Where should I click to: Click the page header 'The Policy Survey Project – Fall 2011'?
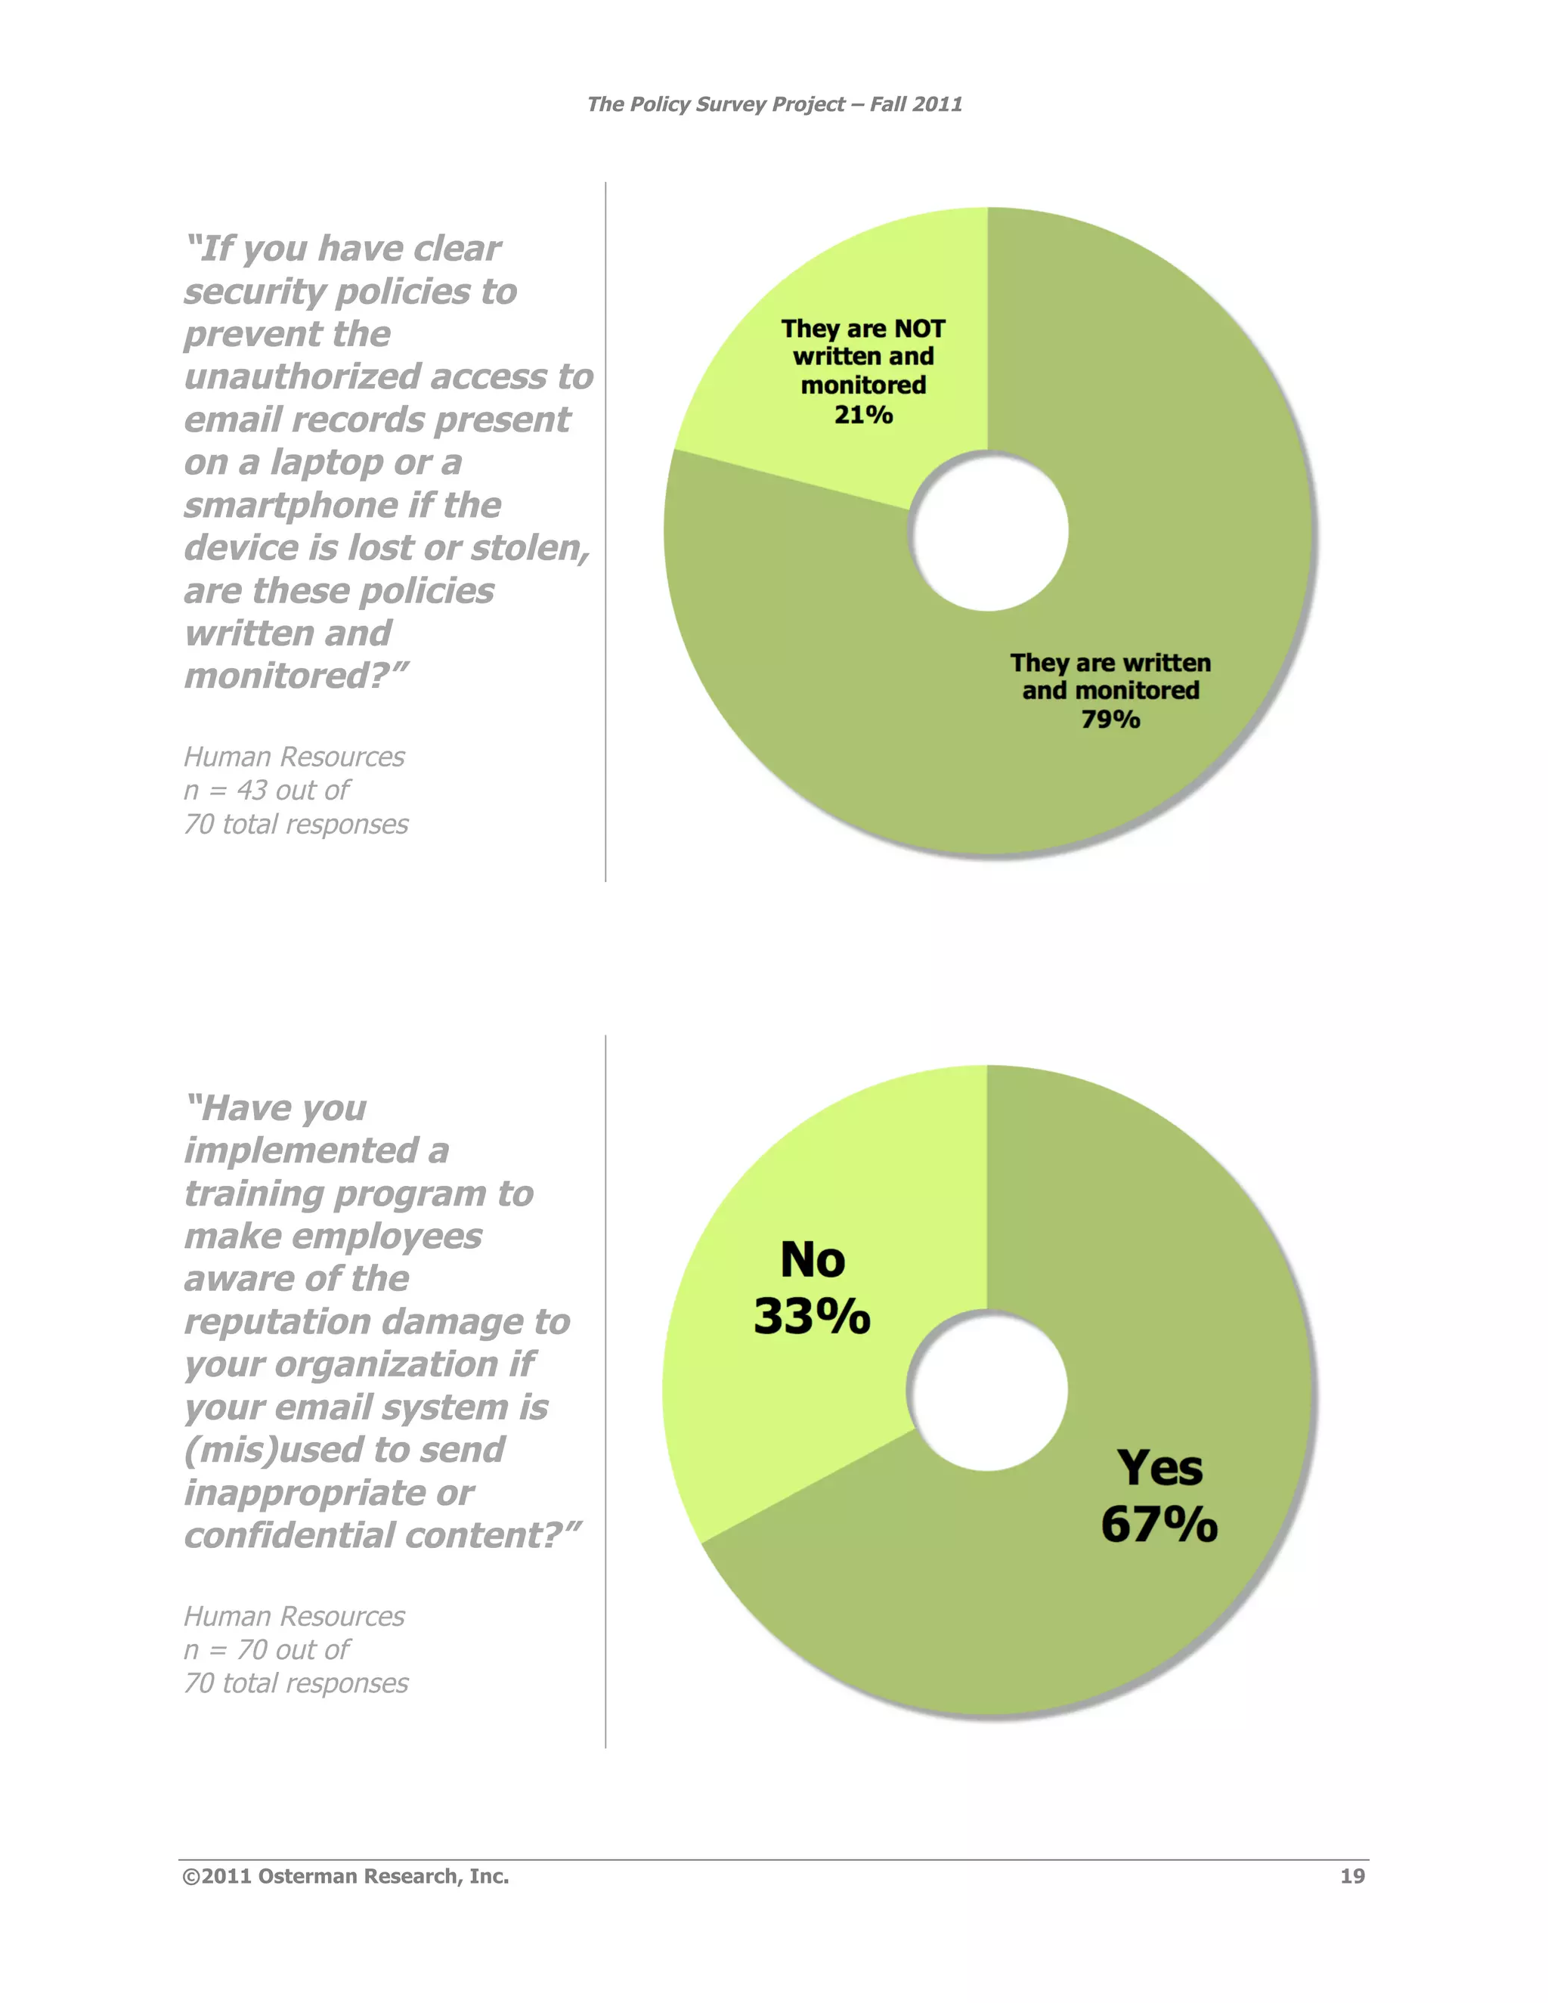click(774, 104)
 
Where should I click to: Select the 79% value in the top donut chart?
click(1110, 720)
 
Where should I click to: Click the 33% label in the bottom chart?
click(812, 1317)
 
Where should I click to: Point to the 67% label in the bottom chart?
click(1159, 1525)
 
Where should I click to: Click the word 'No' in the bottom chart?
click(813, 1260)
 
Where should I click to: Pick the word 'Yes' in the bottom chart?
click(1159, 1469)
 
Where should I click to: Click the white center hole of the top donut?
click(989, 532)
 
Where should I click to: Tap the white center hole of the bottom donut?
click(988, 1390)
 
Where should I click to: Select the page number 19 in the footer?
click(1351, 1877)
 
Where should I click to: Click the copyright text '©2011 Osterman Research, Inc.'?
click(345, 1877)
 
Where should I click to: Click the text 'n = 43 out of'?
click(266, 791)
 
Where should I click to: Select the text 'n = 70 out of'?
click(266, 1650)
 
